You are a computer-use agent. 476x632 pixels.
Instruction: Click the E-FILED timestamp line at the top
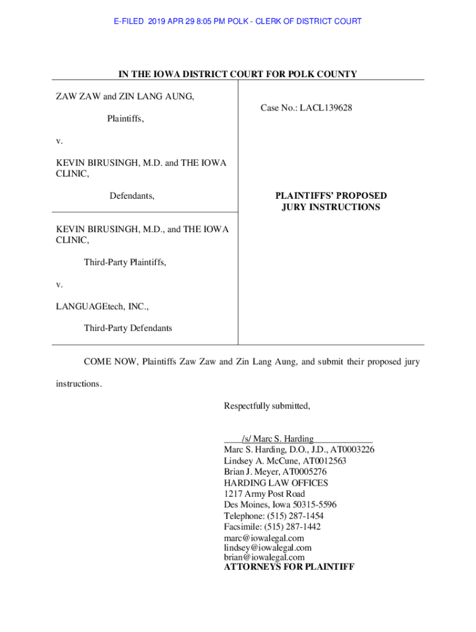pyautogui.click(x=238, y=22)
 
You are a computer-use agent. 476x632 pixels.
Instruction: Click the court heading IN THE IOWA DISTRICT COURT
pyautogui.click(x=238, y=75)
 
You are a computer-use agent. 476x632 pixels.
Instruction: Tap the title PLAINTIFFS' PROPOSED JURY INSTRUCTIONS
pyautogui.click(x=331, y=202)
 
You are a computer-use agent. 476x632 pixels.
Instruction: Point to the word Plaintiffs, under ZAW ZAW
pyautogui.click(x=125, y=118)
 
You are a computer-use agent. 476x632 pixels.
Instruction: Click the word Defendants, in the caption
pyautogui.click(x=132, y=196)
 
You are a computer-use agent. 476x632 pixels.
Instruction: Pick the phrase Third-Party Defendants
pyautogui.click(x=128, y=328)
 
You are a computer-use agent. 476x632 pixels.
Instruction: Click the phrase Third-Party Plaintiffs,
pyautogui.click(x=125, y=262)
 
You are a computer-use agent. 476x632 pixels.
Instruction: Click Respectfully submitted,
pyautogui.click(x=267, y=406)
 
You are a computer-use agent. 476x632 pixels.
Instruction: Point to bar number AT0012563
pyautogui.click(x=325, y=461)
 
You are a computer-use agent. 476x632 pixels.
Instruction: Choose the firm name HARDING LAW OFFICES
pyautogui.click(x=276, y=483)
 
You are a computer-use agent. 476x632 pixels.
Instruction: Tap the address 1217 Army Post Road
pyautogui.click(x=264, y=494)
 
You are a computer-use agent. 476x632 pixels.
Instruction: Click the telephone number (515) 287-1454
pyautogui.click(x=295, y=516)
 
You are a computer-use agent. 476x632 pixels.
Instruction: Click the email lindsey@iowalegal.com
pyautogui.click(x=268, y=548)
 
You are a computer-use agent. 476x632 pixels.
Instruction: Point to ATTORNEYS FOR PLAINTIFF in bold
pyautogui.click(x=289, y=566)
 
